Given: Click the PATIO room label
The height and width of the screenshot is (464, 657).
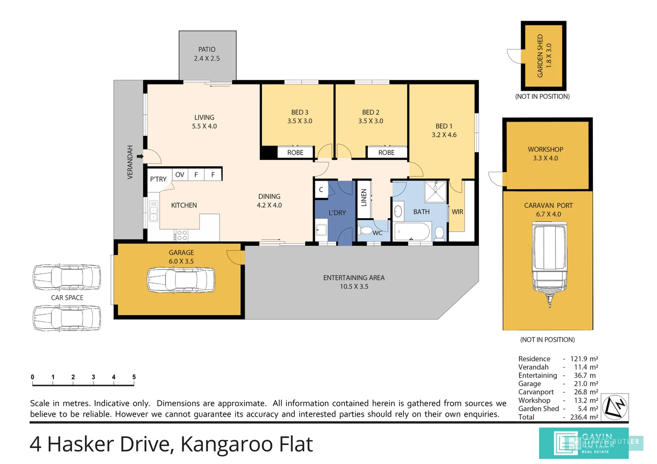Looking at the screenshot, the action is [x=207, y=49].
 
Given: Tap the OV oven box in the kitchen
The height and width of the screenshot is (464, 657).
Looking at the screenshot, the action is [x=180, y=175].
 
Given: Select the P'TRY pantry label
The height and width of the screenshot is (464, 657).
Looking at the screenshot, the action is [x=158, y=179].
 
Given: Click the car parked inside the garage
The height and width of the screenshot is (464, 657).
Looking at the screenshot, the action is [x=181, y=280].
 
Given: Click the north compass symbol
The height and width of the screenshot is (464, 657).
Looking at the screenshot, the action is [x=615, y=407].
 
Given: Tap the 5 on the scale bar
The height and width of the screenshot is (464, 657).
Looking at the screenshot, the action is [x=134, y=377].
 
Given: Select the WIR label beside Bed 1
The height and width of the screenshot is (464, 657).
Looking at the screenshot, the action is [x=457, y=212].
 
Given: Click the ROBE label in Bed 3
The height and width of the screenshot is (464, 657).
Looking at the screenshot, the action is [x=295, y=153].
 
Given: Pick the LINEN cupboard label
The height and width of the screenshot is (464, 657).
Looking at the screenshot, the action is [x=364, y=198].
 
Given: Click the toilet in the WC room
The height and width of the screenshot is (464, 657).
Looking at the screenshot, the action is [x=365, y=231].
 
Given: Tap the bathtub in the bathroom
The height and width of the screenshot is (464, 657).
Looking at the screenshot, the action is [x=412, y=231].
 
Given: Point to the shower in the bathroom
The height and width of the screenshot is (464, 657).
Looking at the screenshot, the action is [x=436, y=192].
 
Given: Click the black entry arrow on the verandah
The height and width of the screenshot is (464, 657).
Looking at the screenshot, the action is [x=140, y=156].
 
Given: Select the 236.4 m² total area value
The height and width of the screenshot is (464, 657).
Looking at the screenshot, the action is [x=584, y=417].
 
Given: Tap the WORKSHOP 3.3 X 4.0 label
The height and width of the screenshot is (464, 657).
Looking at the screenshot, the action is [x=546, y=153].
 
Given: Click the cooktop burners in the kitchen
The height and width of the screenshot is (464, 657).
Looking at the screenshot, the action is [x=182, y=235].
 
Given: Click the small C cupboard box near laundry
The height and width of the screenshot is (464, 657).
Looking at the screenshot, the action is [x=321, y=189].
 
